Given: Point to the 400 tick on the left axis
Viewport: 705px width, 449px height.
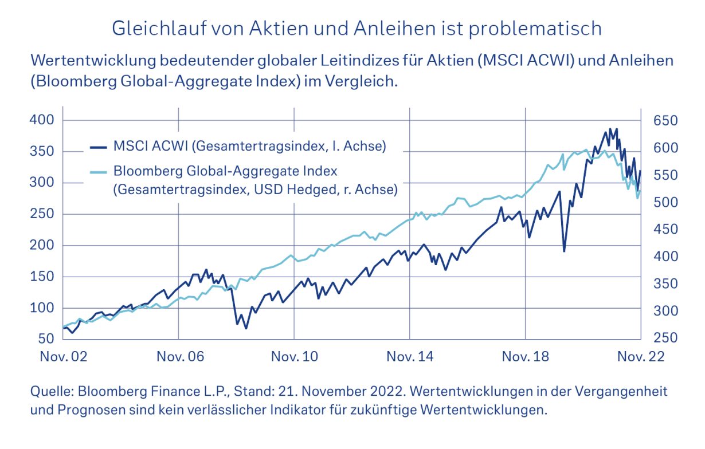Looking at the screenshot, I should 42,120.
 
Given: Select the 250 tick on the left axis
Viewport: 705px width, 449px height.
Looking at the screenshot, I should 42,214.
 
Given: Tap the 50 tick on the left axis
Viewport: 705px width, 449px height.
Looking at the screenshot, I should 45,339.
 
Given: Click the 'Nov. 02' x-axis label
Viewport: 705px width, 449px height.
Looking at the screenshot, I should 63,357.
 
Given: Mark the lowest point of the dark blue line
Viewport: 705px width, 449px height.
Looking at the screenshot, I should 246,328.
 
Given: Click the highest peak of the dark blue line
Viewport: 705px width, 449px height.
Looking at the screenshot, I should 610,129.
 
